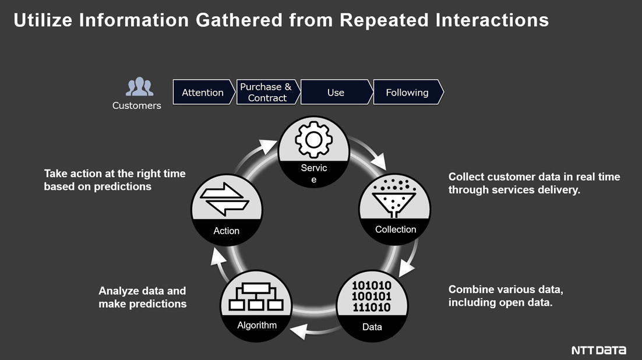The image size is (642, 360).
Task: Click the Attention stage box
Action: coord(202,92)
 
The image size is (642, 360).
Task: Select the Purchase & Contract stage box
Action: coord(267,92)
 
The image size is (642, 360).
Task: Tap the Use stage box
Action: coord(336,92)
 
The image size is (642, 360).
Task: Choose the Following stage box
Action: coord(407,92)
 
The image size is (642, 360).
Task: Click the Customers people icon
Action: coord(139,87)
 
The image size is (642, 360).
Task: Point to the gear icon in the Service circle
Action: coord(313,139)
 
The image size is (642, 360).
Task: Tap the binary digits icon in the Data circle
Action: coord(372,296)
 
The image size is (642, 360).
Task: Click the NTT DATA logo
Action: coord(598,350)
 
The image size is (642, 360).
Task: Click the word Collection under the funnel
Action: coord(396,230)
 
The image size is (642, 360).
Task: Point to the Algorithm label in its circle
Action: coord(257,325)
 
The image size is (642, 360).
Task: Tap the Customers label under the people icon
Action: coord(136,105)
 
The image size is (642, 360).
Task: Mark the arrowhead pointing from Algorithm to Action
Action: coord(216,254)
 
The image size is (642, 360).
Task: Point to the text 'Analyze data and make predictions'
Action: coord(143,297)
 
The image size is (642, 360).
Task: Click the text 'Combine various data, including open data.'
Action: coord(506,296)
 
